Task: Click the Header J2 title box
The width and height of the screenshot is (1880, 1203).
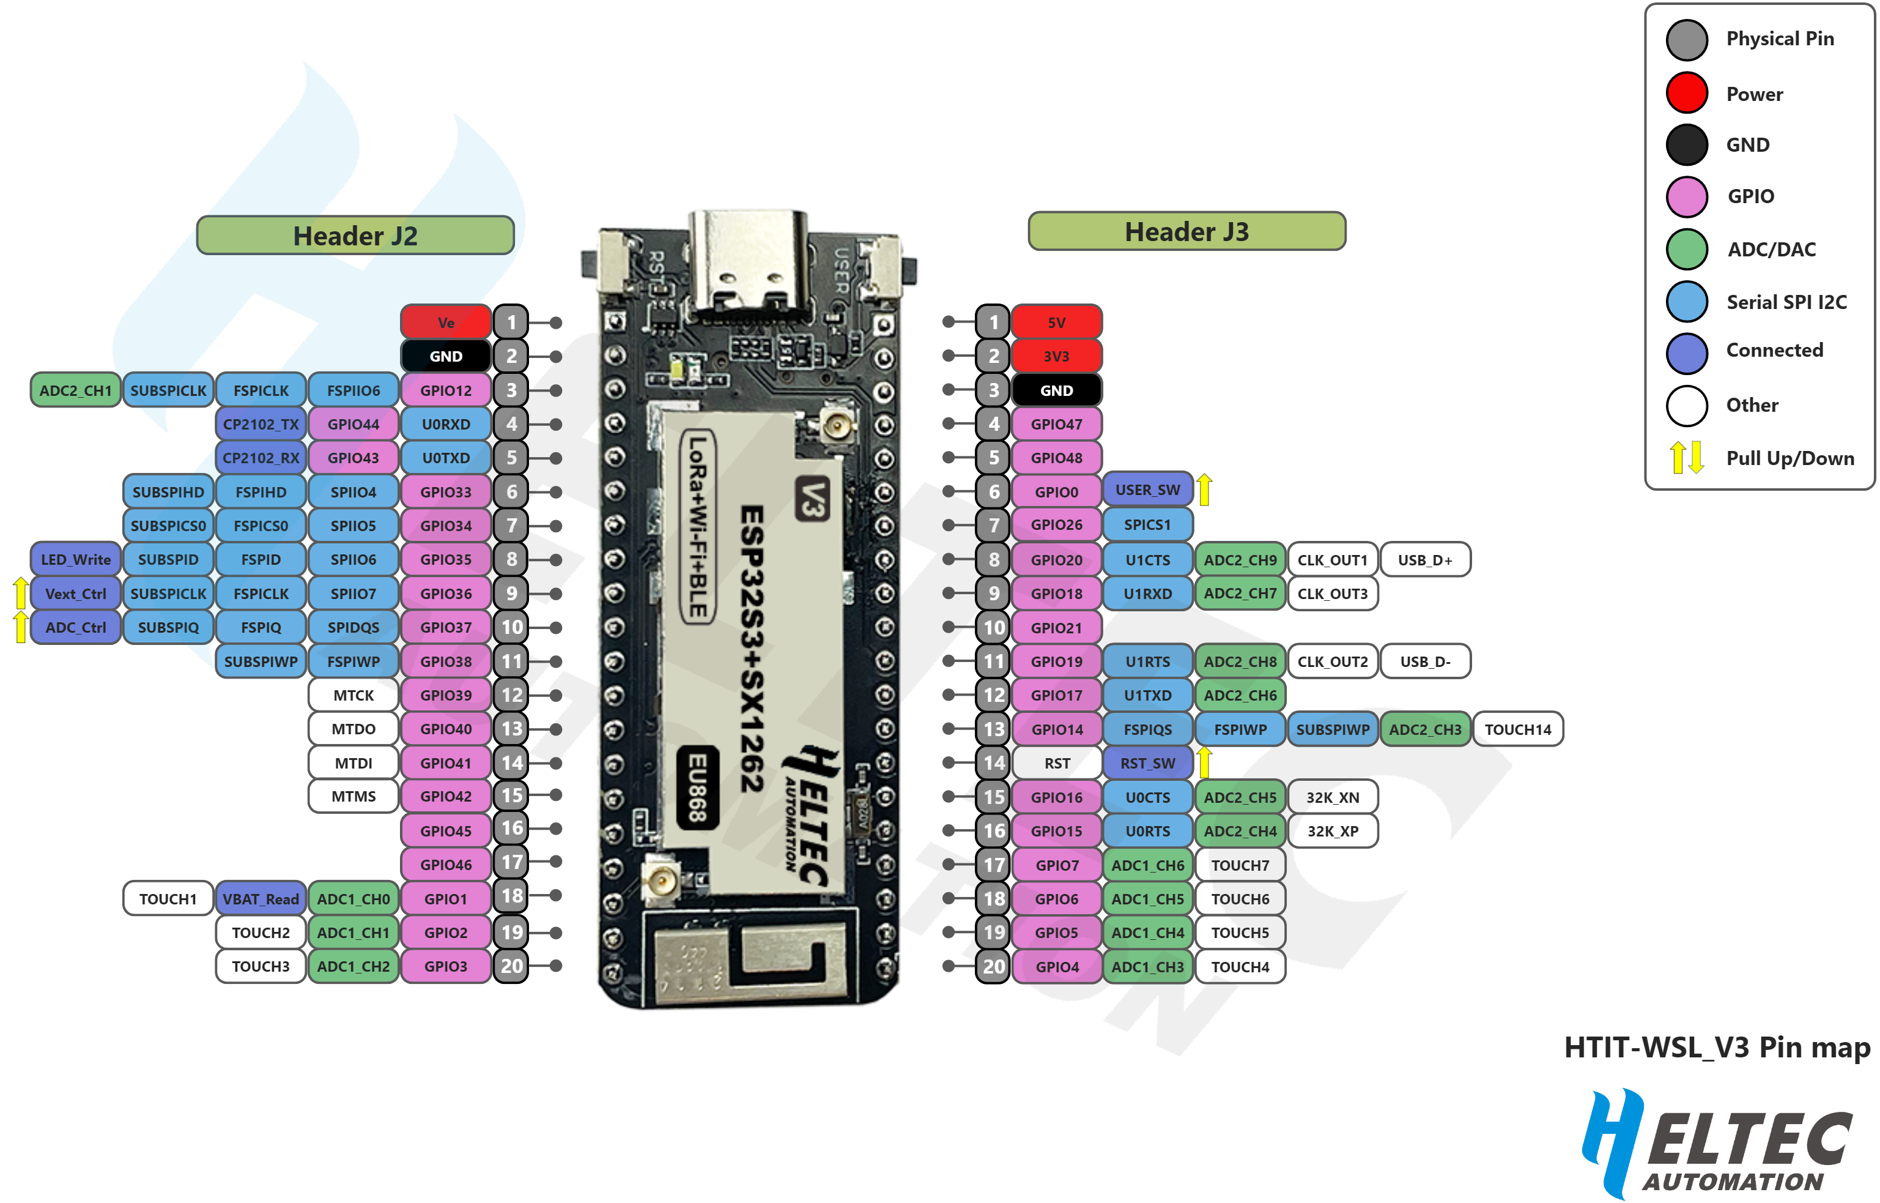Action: point(355,235)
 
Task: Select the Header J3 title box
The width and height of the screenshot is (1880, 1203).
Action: point(1186,231)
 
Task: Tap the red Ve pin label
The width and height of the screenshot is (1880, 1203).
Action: point(446,322)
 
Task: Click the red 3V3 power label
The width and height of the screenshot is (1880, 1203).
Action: point(1056,356)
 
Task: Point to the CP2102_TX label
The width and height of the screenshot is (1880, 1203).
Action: point(261,424)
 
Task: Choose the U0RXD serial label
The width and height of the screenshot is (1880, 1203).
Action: point(446,424)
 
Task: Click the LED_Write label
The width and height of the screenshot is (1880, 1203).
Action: point(76,559)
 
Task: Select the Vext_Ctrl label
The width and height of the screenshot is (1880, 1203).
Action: point(76,594)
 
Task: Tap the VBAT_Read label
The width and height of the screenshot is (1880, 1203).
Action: point(261,898)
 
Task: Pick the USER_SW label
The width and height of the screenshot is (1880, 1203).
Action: point(1148,490)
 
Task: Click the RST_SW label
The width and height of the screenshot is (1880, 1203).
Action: point(1148,763)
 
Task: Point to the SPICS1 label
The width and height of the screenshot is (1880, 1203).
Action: point(1148,525)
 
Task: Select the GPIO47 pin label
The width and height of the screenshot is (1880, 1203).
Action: point(1056,424)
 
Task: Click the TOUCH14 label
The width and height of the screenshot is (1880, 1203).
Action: point(1518,729)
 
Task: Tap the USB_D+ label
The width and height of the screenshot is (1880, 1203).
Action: point(1425,560)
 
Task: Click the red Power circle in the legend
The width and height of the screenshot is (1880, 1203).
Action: point(1686,93)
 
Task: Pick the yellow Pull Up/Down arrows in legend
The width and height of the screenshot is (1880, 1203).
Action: point(1686,458)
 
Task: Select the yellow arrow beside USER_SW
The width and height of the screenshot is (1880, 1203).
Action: point(1205,490)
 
